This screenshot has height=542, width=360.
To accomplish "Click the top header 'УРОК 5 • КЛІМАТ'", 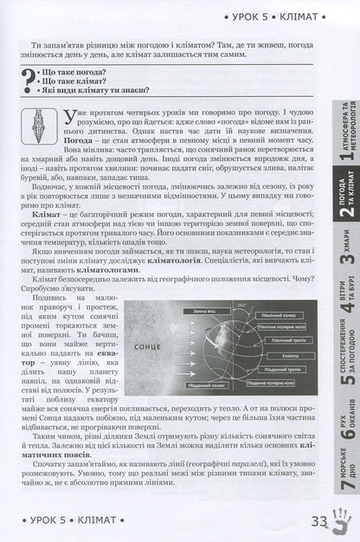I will click(x=281, y=15).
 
